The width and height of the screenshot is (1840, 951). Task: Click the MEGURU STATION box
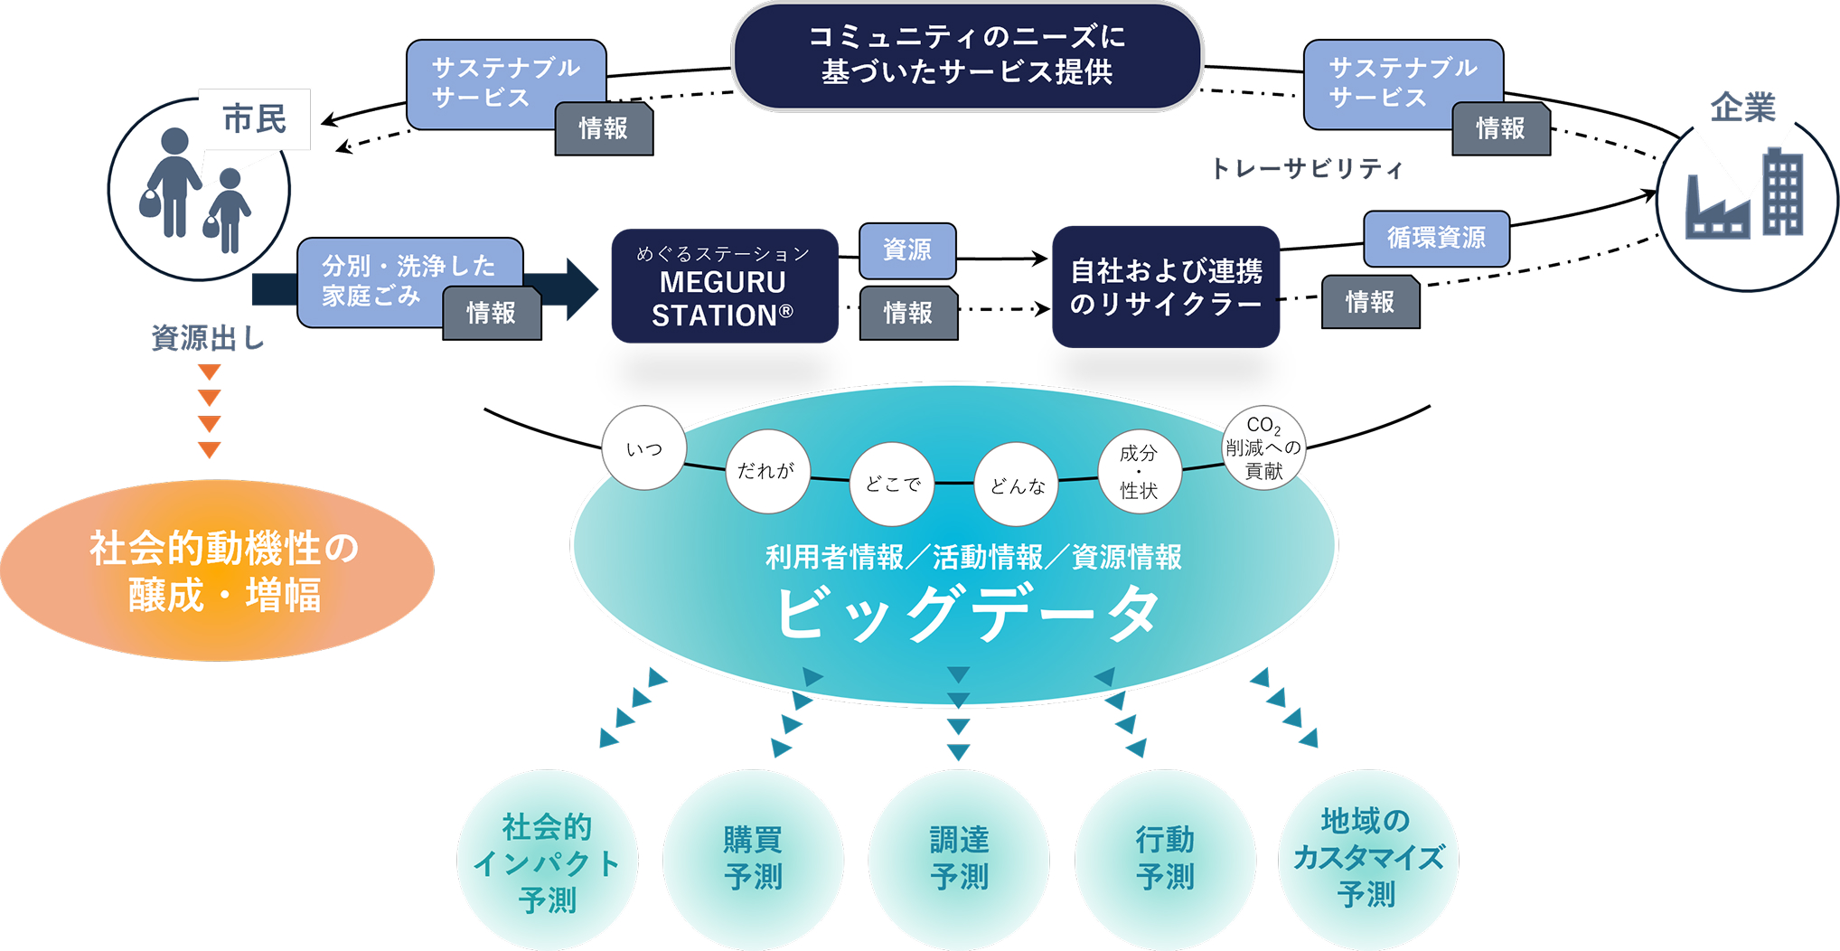(x=724, y=286)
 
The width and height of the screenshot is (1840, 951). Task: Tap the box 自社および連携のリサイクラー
(x=1165, y=287)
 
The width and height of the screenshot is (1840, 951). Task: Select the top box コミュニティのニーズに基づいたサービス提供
(x=966, y=55)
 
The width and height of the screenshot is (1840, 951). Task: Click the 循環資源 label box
(x=1435, y=238)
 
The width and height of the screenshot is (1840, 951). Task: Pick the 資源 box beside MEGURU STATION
(x=906, y=250)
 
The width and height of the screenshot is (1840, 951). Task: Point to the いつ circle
(x=643, y=448)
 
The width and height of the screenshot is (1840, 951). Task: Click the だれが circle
(x=766, y=471)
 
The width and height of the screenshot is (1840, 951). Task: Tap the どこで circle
(x=892, y=485)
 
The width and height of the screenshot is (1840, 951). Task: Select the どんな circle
(x=1016, y=485)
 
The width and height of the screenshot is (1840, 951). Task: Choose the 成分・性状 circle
(x=1139, y=471)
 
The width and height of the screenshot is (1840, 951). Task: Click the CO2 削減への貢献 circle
(x=1263, y=447)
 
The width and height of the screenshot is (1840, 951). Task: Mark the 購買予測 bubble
(x=753, y=858)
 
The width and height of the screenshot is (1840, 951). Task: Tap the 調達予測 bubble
(x=959, y=858)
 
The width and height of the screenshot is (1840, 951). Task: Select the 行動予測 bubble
(x=1165, y=858)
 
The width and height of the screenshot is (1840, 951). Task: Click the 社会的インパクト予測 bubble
(x=548, y=862)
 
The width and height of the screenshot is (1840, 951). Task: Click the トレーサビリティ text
(x=1306, y=169)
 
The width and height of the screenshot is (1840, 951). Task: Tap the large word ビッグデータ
(x=966, y=615)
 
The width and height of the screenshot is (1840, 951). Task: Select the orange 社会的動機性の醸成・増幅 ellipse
(x=218, y=570)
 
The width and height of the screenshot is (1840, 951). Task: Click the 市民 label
(x=254, y=118)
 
